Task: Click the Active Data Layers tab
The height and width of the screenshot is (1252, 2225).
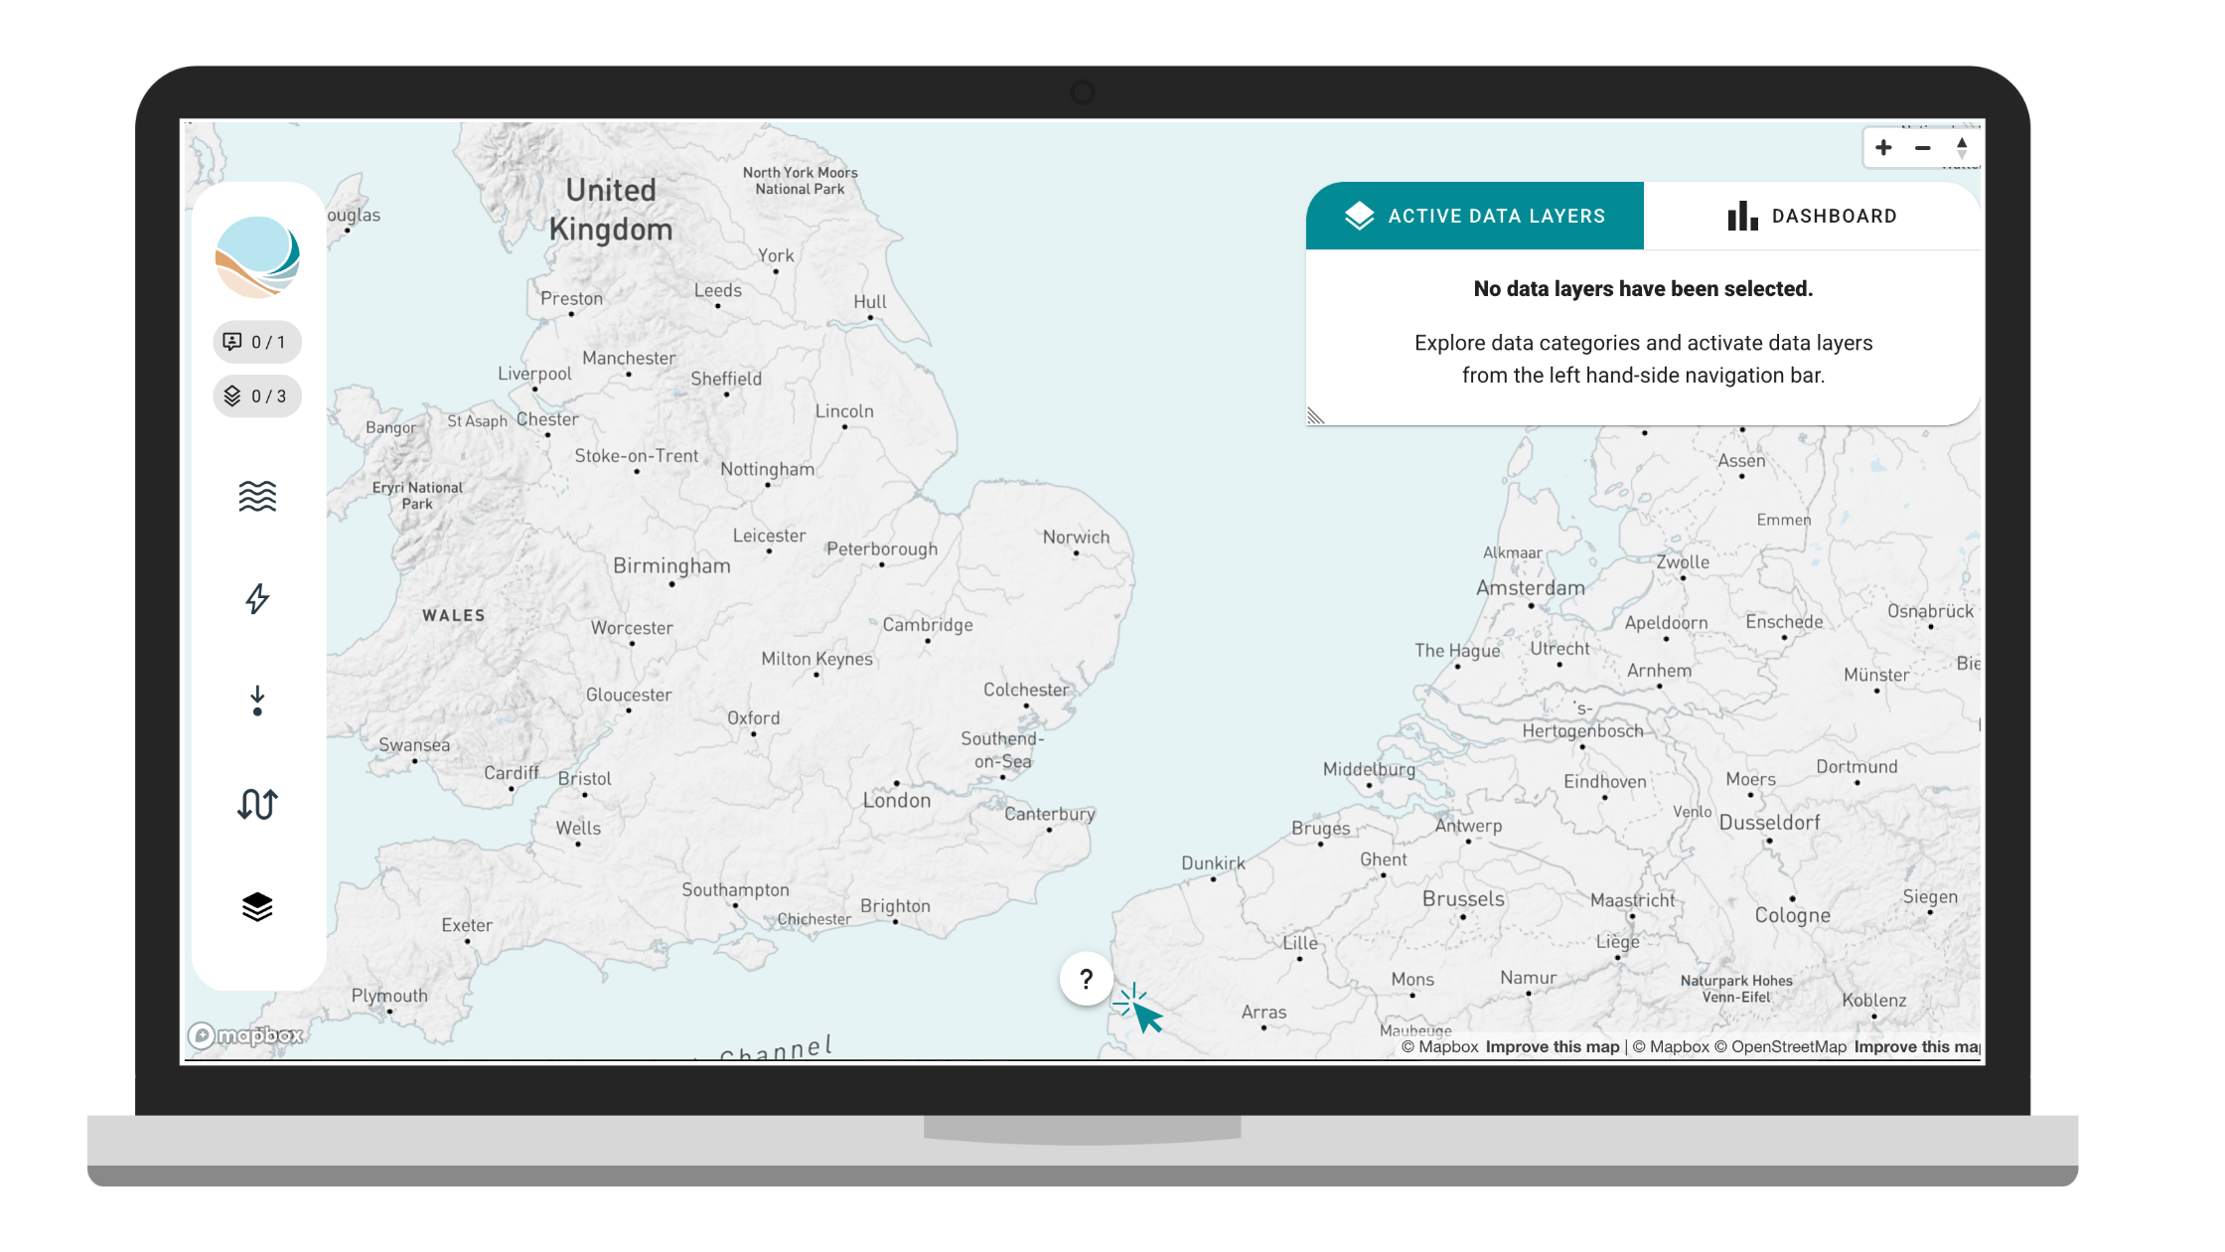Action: click(1475, 216)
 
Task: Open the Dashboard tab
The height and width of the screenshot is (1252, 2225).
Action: click(1813, 216)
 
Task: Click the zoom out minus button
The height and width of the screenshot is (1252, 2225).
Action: click(1923, 148)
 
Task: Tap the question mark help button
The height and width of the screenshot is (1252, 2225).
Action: click(1087, 979)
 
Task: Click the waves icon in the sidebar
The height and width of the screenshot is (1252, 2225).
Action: click(257, 496)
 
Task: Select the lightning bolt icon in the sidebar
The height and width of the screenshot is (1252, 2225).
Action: click(257, 598)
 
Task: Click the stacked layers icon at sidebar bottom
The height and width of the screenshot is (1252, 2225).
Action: click(257, 906)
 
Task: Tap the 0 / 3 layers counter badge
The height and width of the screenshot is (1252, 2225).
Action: click(257, 396)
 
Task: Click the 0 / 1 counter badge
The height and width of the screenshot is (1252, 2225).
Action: click(257, 342)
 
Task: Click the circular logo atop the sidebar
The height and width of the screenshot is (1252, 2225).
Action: click(257, 257)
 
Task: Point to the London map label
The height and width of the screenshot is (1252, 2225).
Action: click(897, 801)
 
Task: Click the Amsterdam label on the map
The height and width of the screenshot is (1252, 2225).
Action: click(1531, 588)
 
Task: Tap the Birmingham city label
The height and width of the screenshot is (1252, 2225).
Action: click(671, 566)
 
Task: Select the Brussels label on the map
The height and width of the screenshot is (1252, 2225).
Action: click(1463, 899)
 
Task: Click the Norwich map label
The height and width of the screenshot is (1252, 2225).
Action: click(1076, 538)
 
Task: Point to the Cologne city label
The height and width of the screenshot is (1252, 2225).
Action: click(1792, 915)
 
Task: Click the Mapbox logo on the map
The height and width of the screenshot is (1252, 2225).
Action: click(246, 1035)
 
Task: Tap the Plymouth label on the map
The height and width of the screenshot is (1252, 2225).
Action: click(389, 996)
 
